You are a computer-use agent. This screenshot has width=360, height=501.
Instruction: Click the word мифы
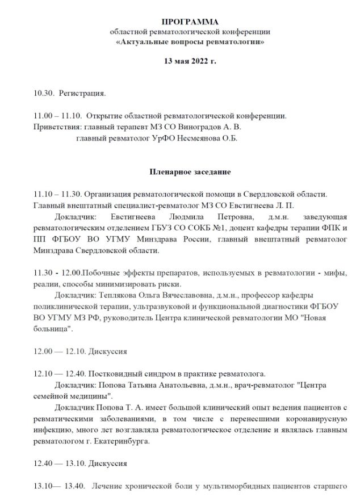tap(336, 272)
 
